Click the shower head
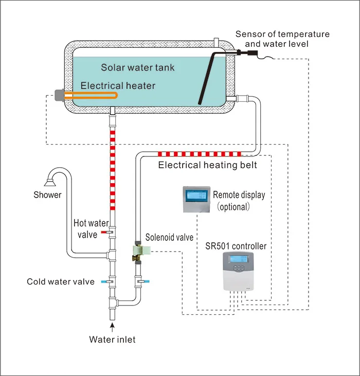[x=50, y=182]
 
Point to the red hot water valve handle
[x=104, y=232]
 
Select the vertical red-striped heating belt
[x=112, y=170]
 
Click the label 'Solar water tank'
[x=138, y=67]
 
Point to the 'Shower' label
[x=47, y=195]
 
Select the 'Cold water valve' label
[x=61, y=282]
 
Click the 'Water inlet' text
[x=112, y=339]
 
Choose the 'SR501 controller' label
[x=238, y=246]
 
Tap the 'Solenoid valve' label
[x=169, y=237]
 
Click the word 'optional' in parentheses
[x=232, y=207]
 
